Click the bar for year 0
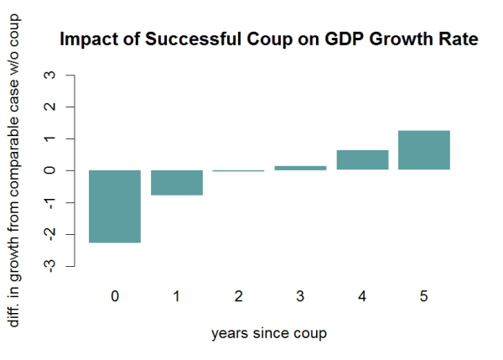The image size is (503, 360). [x=114, y=206]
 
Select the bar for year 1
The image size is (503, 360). [x=177, y=182]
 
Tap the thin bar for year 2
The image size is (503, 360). [x=239, y=170]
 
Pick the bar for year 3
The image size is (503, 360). [x=301, y=168]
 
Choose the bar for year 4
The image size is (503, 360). [x=362, y=159]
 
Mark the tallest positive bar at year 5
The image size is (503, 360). [x=424, y=150]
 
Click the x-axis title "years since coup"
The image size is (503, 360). [x=268, y=333]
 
